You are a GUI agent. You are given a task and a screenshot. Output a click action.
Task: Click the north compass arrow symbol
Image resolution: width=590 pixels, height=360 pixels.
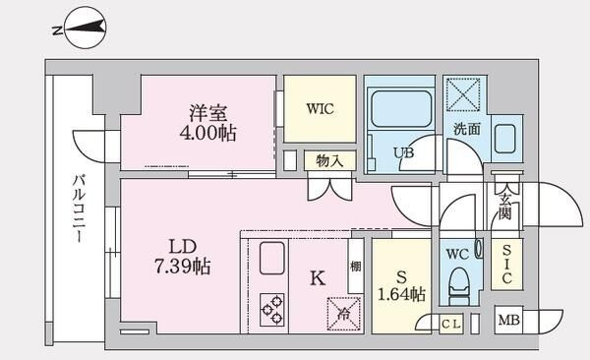pos(80,29)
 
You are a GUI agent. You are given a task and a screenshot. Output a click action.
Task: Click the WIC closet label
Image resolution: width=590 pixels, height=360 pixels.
pos(320,108)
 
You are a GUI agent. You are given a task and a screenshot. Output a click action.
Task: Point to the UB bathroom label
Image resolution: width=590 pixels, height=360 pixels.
pos(403,154)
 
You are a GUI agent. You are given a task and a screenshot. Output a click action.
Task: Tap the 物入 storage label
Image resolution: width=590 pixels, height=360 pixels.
pos(328,160)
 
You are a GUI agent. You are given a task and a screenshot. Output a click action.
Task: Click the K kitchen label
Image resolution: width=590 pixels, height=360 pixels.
pos(317,278)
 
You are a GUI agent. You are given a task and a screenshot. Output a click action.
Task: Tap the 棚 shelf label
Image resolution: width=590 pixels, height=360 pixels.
pos(355,266)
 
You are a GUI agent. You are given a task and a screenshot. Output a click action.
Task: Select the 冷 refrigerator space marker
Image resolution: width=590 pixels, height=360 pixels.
pos(344,313)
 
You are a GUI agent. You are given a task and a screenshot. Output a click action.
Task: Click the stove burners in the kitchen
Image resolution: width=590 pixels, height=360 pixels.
pos(272,309)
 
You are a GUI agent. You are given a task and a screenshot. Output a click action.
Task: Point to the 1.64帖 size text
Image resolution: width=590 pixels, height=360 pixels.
pos(402,293)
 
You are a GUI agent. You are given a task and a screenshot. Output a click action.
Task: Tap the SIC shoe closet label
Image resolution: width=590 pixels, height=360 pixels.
pos(506,265)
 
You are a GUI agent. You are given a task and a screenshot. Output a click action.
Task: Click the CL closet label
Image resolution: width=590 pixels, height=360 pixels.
pos(451,324)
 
